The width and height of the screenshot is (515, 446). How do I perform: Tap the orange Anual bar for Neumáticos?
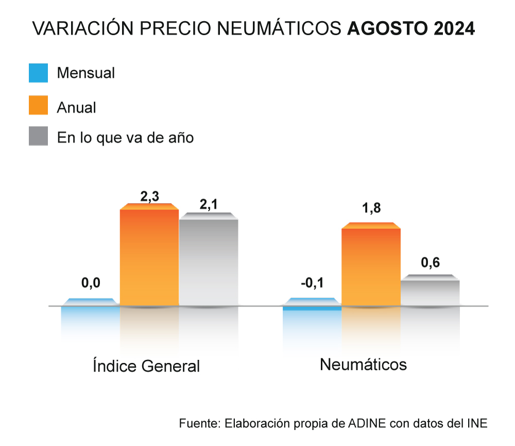click(x=371, y=266)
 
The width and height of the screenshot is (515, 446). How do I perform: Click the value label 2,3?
click(x=149, y=196)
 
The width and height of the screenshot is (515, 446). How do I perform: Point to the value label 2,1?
click(x=209, y=205)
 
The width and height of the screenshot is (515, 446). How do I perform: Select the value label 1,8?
click(x=371, y=209)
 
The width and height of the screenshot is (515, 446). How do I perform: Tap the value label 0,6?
click(x=431, y=262)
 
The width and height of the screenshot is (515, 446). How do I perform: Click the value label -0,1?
click(x=312, y=284)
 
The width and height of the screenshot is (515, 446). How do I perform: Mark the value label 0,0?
click(x=91, y=283)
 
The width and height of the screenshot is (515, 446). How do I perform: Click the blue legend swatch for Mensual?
click(x=39, y=73)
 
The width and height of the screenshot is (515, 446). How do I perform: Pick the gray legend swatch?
click(x=39, y=136)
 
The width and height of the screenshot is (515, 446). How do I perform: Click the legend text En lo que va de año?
click(x=125, y=138)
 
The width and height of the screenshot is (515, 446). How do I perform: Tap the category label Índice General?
click(x=146, y=366)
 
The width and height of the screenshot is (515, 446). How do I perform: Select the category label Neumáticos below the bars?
click(x=363, y=365)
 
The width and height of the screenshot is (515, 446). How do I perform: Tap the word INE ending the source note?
click(x=476, y=423)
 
